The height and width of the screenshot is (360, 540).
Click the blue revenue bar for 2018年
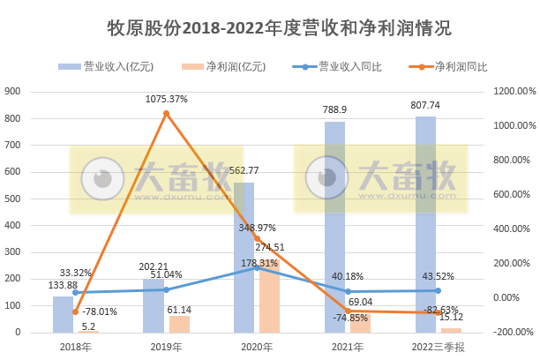pos(63,314)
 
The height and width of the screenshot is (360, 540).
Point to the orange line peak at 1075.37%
pos(166,114)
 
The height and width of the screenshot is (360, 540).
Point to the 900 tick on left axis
pos(13,91)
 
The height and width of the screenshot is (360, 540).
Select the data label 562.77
pos(244,170)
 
